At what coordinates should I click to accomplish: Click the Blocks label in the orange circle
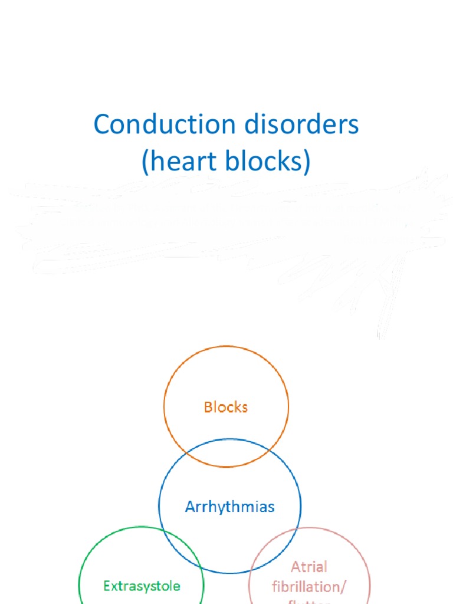coord(226,407)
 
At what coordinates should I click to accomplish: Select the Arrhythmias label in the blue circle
coord(229,507)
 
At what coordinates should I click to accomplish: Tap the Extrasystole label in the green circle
coord(142,586)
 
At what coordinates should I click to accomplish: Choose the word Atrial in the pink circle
coord(309,567)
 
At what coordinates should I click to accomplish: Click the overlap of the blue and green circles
coord(178,543)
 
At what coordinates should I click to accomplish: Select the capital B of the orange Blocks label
coord(208,407)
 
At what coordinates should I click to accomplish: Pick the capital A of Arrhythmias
coord(190,507)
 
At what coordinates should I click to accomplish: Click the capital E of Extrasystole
coord(107,586)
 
